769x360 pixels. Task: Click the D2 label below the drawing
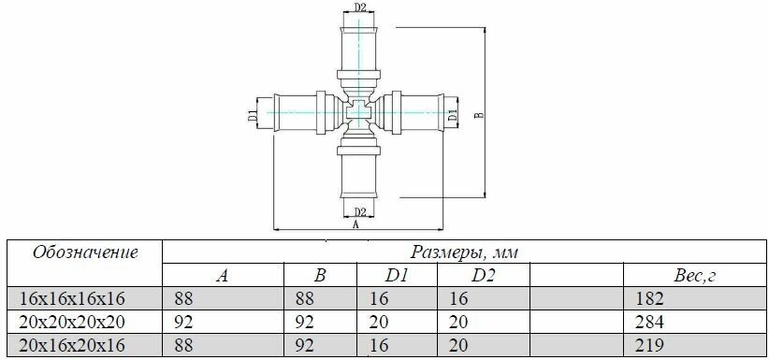point(360,212)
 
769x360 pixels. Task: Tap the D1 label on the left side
point(252,116)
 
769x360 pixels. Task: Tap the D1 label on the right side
point(454,116)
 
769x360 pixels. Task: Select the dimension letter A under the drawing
point(356,225)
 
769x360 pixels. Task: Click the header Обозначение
point(84,252)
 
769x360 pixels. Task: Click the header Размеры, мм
point(464,252)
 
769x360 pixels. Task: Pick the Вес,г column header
point(695,276)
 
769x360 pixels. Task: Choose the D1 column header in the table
point(397,276)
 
